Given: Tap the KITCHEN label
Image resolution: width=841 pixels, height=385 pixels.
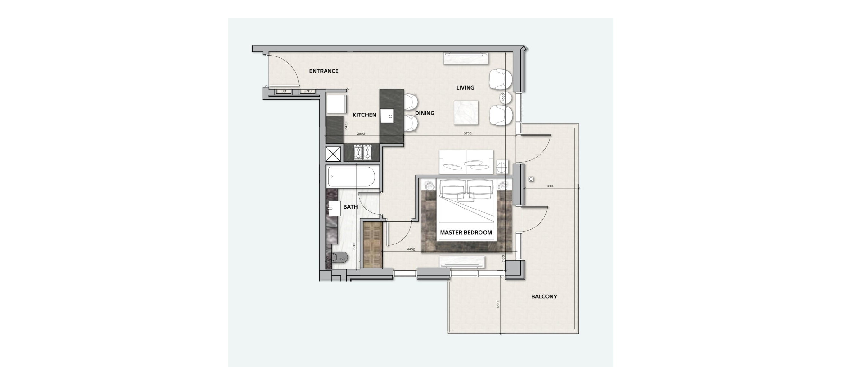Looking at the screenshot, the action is point(364,115).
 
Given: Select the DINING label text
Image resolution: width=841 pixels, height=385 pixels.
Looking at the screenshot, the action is point(425,113).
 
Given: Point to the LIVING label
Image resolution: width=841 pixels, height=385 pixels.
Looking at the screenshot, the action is point(465,88).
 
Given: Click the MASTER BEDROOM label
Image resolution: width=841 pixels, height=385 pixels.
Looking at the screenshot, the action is point(466,233).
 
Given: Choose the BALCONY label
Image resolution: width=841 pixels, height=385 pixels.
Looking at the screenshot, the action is point(544,297).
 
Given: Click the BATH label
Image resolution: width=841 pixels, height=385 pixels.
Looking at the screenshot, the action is point(351,207).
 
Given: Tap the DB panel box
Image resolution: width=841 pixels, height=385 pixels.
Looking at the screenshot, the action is point(284,91).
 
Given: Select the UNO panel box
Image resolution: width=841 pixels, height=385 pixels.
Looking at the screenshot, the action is point(308,91).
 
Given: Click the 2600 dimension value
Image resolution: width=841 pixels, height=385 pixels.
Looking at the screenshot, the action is point(361,134).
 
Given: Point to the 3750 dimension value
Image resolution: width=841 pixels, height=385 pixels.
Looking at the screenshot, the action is point(468,133).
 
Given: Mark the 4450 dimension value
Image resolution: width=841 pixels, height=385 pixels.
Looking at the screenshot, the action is point(411,249).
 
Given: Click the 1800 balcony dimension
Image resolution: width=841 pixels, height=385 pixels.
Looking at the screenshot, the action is point(550,186).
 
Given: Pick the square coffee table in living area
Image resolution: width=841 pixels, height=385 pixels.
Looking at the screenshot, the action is point(466,113).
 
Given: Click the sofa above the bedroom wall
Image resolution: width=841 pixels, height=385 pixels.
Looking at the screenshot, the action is point(466,162).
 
